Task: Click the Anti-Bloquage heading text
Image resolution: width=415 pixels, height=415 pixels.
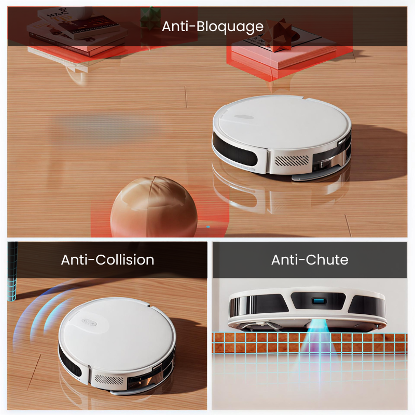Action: [213, 26]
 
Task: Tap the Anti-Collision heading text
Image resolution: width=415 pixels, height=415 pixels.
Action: [107, 260]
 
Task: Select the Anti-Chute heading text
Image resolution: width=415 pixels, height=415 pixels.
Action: [310, 260]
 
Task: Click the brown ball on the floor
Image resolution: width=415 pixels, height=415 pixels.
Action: [154, 206]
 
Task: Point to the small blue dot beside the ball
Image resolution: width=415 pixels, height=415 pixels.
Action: [208, 227]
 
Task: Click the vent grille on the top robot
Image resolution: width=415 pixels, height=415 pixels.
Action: [292, 160]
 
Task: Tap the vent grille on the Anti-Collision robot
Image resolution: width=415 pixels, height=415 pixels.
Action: [109, 379]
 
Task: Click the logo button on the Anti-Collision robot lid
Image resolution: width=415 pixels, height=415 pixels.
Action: [89, 322]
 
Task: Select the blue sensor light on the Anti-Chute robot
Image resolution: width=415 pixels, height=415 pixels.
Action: [319, 301]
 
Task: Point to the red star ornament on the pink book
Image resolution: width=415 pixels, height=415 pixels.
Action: [279, 34]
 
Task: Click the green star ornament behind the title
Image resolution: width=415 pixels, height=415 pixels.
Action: [150, 18]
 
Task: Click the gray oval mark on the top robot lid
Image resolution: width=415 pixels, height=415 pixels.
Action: [244, 117]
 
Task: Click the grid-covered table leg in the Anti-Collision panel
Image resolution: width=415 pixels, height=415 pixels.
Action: [12, 271]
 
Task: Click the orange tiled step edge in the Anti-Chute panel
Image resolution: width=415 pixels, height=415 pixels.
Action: [310, 343]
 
